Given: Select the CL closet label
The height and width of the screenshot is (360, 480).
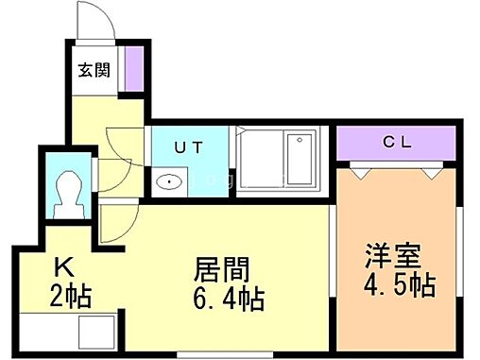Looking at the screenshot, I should (x=397, y=143).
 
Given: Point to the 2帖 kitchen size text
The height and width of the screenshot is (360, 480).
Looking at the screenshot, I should (x=70, y=295).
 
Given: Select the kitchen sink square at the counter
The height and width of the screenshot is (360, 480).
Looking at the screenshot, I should (x=94, y=333).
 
